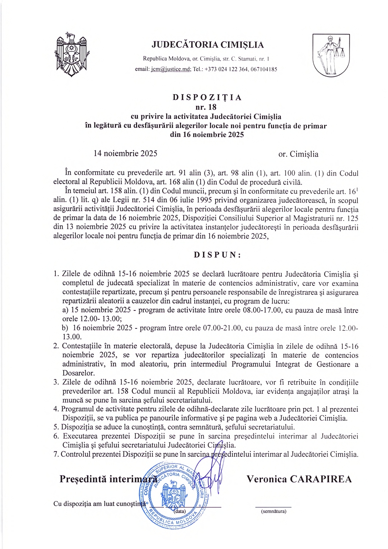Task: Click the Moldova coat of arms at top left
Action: [72, 54]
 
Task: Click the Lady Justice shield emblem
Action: [331, 55]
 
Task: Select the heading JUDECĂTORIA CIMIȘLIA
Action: [207, 45]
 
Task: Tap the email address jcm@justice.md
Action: [171, 69]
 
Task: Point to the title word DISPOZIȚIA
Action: [207, 97]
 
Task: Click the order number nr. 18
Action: [206, 107]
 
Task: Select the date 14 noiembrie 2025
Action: [125, 153]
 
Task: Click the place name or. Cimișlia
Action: [298, 154]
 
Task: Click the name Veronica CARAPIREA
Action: [299, 479]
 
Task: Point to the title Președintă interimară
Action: [108, 479]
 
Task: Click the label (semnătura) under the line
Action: [273, 511]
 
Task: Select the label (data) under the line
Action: [180, 511]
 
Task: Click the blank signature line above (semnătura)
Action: [273, 507]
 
